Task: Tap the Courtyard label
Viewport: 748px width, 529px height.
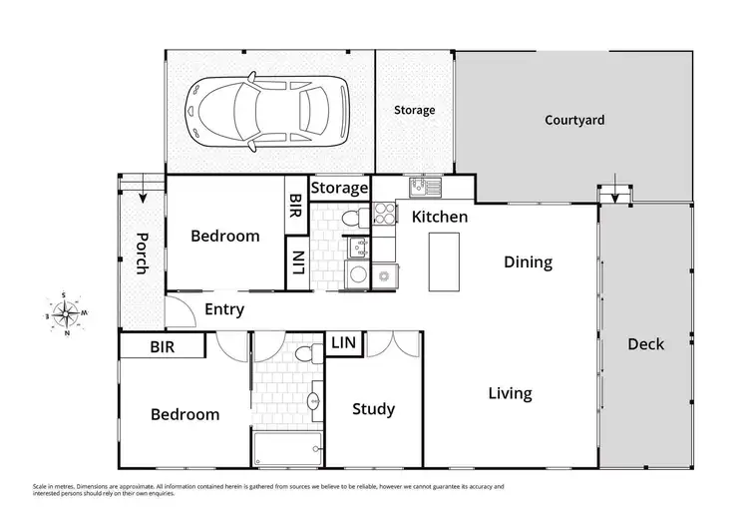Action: click(x=574, y=120)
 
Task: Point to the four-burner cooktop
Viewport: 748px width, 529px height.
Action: click(x=384, y=212)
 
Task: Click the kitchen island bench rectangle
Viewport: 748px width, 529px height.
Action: click(x=445, y=261)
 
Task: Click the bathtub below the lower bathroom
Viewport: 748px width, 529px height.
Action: click(x=287, y=449)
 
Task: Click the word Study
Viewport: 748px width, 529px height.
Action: click(x=374, y=409)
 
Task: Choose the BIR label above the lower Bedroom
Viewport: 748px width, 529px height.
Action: click(x=162, y=347)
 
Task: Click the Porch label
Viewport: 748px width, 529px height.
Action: click(x=143, y=255)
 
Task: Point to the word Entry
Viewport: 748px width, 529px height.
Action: click(x=223, y=309)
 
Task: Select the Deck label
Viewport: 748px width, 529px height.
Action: click(x=645, y=344)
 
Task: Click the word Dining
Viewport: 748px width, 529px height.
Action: click(x=528, y=263)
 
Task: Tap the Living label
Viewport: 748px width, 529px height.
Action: click(x=510, y=393)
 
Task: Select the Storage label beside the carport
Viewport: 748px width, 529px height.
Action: click(x=414, y=110)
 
